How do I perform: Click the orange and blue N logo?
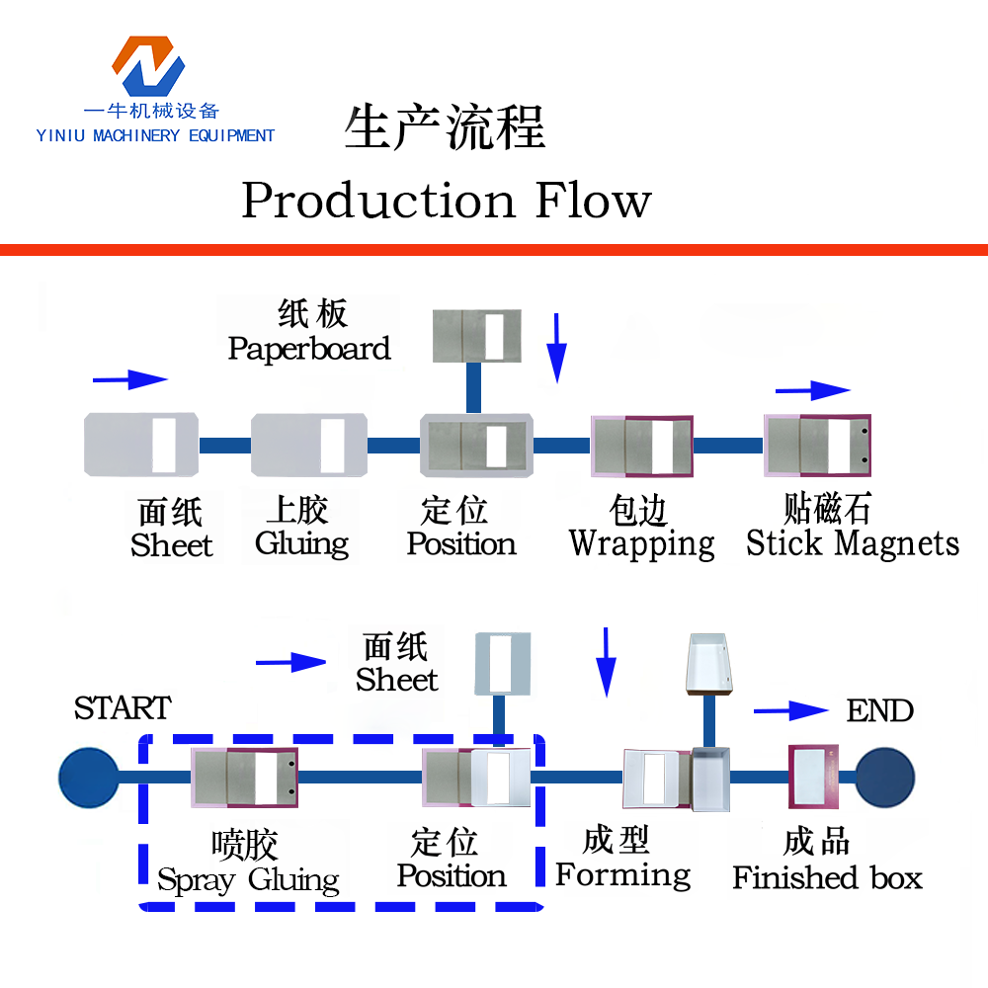(x=148, y=68)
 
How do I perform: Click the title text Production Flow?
(x=447, y=201)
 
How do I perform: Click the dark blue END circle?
(x=885, y=777)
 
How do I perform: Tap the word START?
(x=123, y=708)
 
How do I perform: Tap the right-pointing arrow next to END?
(x=790, y=710)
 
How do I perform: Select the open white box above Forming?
(x=709, y=664)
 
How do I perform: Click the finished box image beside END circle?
(x=814, y=777)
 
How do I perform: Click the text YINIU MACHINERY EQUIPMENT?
(x=155, y=135)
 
